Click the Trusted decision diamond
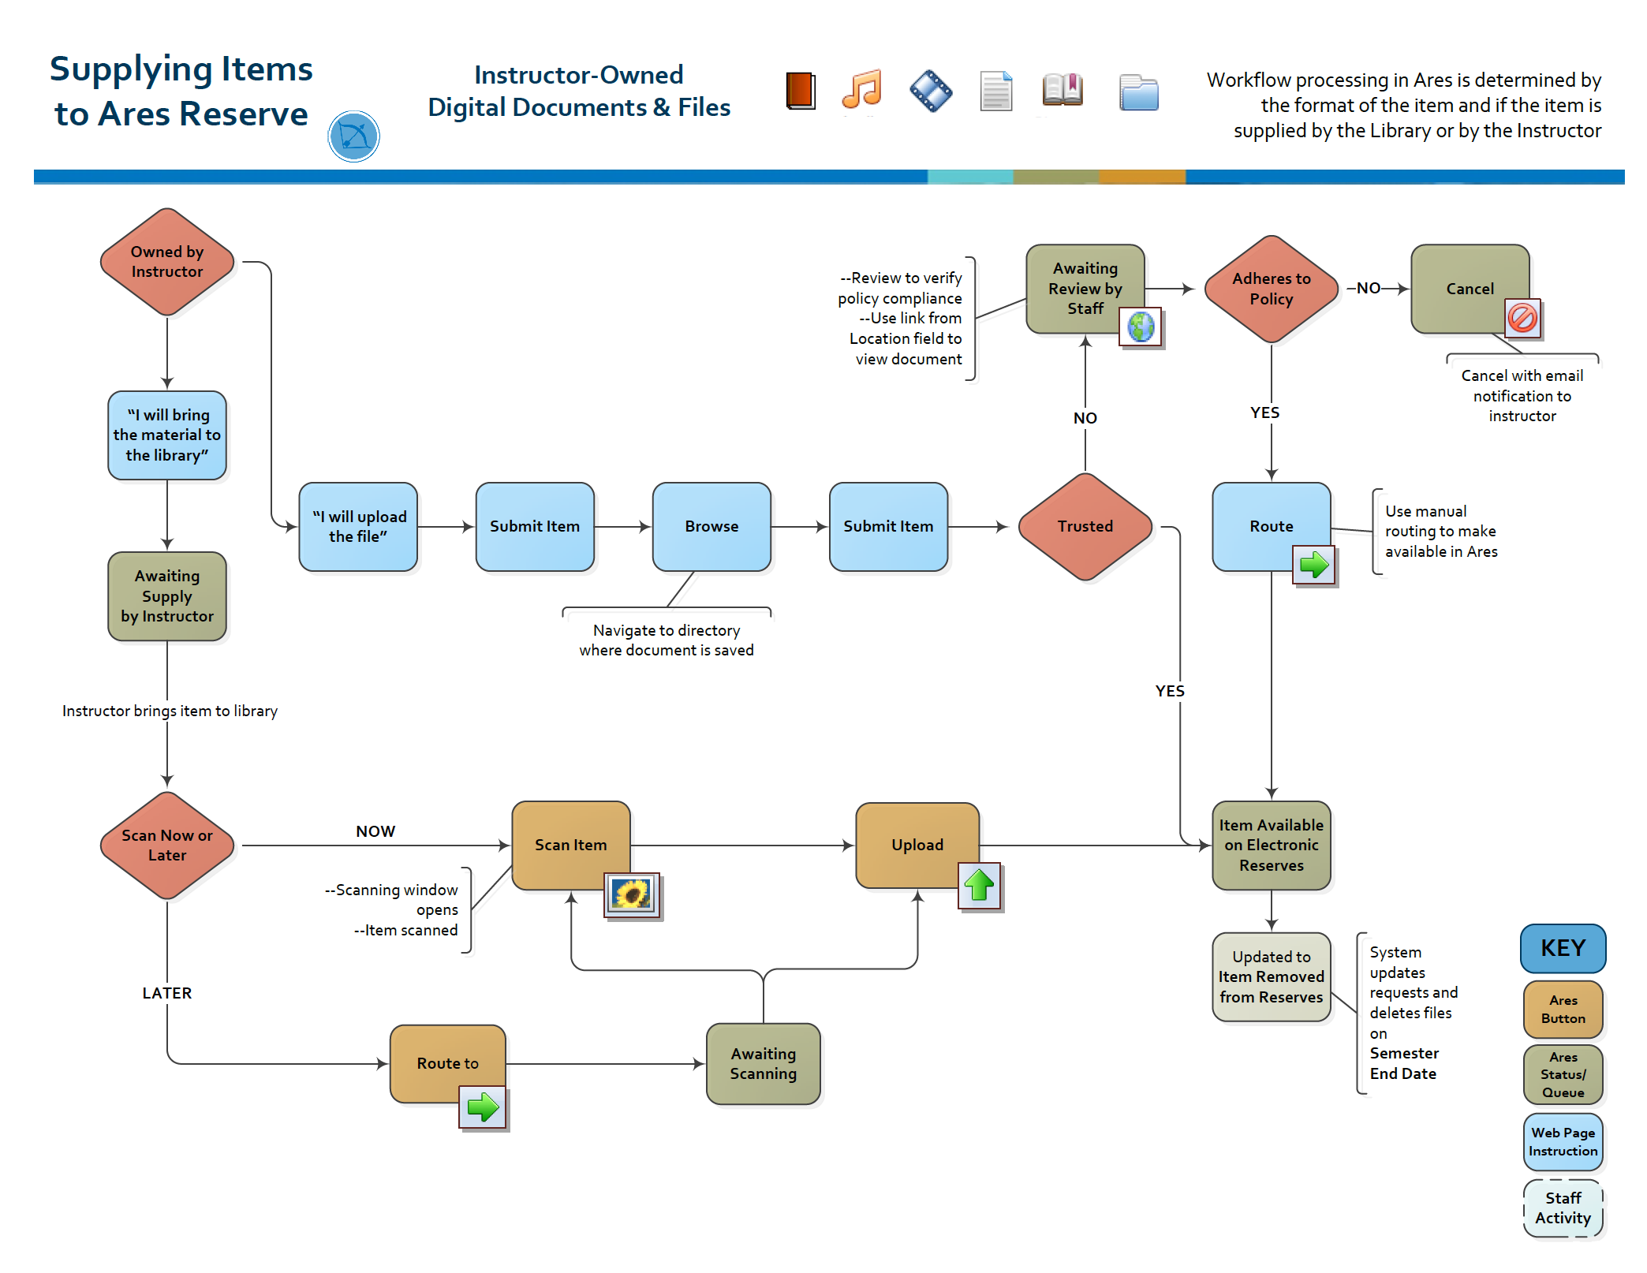point(1085,526)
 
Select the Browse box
point(711,526)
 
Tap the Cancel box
point(1469,288)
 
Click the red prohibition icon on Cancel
point(1522,318)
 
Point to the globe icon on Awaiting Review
point(1141,327)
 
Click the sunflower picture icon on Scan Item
point(632,894)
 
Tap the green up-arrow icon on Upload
point(980,885)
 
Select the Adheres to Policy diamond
point(1271,289)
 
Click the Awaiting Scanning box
point(763,1063)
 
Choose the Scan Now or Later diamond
point(167,845)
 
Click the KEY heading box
point(1562,948)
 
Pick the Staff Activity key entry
point(1562,1208)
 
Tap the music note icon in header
point(861,89)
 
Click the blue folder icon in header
point(1138,93)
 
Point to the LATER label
point(167,993)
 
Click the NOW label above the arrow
point(375,831)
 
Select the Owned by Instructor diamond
point(167,262)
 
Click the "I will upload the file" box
point(358,526)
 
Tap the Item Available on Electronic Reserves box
point(1271,845)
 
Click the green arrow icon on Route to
point(483,1107)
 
